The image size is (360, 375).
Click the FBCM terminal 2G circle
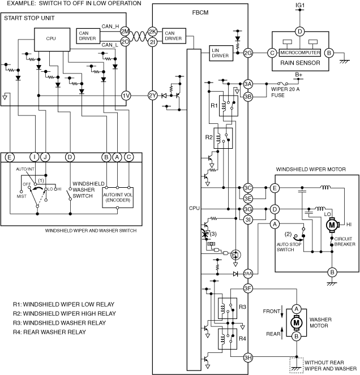pyautogui.click(x=248, y=53)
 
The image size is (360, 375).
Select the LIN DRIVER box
pyautogui.click(x=221, y=53)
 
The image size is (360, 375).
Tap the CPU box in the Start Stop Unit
pyautogui.click(x=52, y=40)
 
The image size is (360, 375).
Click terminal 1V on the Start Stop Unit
pyautogui.click(x=126, y=96)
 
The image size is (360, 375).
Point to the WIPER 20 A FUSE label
pyautogui.click(x=285, y=92)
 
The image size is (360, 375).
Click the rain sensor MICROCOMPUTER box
pyautogui.click(x=299, y=53)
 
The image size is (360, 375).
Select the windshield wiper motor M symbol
pyautogui.click(x=332, y=225)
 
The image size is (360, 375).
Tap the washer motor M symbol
pyautogui.click(x=297, y=322)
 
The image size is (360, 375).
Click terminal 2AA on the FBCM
pyautogui.click(x=248, y=274)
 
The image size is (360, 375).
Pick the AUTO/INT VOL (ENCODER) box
pyautogui.click(x=118, y=197)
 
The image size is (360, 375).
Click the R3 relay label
pyautogui.click(x=242, y=307)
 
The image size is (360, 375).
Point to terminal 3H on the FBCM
pyautogui.click(x=248, y=358)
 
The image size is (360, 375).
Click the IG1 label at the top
pyautogui.click(x=300, y=5)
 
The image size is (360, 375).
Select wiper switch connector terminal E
pyautogui.click(x=10, y=157)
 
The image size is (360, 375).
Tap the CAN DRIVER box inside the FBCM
pyautogui.click(x=174, y=36)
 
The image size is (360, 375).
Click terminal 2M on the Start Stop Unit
pyautogui.click(x=125, y=32)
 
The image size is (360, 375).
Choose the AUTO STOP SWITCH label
pyautogui.click(x=289, y=247)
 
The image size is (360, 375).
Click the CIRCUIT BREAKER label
pyautogui.click(x=345, y=242)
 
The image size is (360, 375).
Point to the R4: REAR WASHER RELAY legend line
pyautogui.click(x=49, y=332)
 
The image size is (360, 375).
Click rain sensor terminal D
pyautogui.click(x=299, y=32)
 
